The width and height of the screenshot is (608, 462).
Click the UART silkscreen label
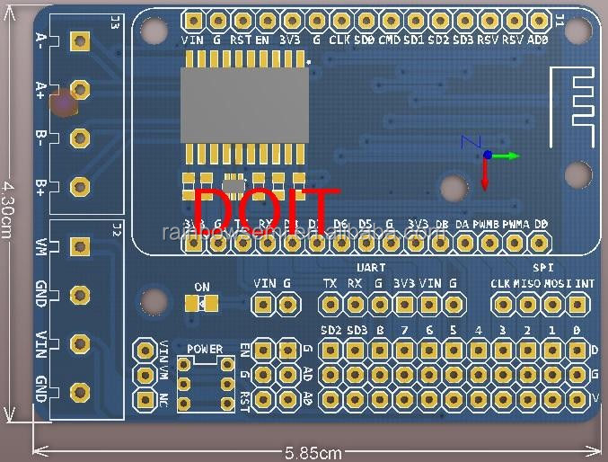[371, 268]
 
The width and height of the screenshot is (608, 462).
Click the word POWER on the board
[205, 349]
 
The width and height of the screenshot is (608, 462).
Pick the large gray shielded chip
[244, 104]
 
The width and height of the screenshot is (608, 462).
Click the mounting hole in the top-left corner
[154, 30]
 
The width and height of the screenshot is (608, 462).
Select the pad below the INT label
[578, 306]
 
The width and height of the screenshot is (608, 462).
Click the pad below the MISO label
[528, 306]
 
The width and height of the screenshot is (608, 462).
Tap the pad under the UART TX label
[330, 306]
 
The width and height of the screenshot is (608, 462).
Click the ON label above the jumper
[202, 288]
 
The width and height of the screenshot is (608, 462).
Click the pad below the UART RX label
[355, 306]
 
